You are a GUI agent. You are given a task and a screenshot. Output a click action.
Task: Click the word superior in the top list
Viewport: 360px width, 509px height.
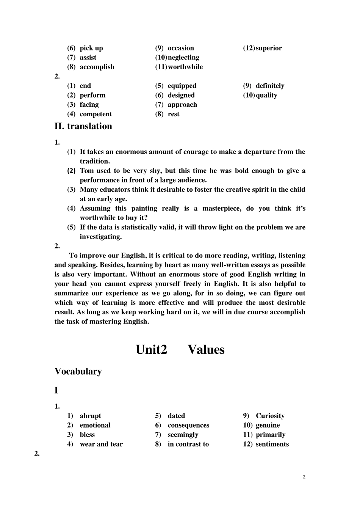pyautogui.click(x=269, y=48)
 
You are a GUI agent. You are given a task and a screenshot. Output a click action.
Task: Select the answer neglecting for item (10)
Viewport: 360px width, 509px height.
pyautogui.click(x=183, y=58)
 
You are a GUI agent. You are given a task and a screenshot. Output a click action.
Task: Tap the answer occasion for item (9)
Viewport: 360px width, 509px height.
pyautogui.click(x=181, y=48)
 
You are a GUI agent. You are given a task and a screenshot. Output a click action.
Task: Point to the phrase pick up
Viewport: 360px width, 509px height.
pyautogui.click(x=91, y=48)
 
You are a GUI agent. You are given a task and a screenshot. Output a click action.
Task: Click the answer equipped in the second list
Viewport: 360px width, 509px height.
pyautogui.click(x=182, y=86)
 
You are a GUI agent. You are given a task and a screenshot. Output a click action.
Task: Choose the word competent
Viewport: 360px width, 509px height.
pyautogui.click(x=96, y=114)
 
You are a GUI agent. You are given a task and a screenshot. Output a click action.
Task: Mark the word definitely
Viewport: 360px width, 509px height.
pyautogui.click(x=270, y=86)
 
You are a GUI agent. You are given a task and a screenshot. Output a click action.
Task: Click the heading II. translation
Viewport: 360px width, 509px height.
pyautogui.click(x=83, y=126)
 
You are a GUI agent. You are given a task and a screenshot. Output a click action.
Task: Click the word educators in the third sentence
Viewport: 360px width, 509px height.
pyautogui.click(x=116, y=190)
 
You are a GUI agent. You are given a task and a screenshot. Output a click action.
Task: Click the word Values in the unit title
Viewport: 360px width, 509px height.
pyautogui.click(x=206, y=350)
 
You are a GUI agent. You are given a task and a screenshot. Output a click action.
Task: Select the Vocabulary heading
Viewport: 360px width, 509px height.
pyautogui.click(x=78, y=372)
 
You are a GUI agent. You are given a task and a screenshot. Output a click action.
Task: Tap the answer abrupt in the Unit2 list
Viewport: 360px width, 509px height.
pyautogui.click(x=90, y=416)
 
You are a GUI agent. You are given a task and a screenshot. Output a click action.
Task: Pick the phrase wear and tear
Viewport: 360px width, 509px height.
pyautogui.click(x=101, y=444)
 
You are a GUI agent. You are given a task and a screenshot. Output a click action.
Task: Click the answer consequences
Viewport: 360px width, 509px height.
pyautogui.click(x=188, y=425)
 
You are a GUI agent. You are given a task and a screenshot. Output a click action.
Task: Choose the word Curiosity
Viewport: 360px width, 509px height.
pyautogui.click(x=270, y=416)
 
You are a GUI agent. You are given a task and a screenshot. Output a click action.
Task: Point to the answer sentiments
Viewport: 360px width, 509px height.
pyautogui.click(x=272, y=444)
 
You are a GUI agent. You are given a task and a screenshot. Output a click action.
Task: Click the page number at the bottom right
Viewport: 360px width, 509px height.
pyautogui.click(x=304, y=477)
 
